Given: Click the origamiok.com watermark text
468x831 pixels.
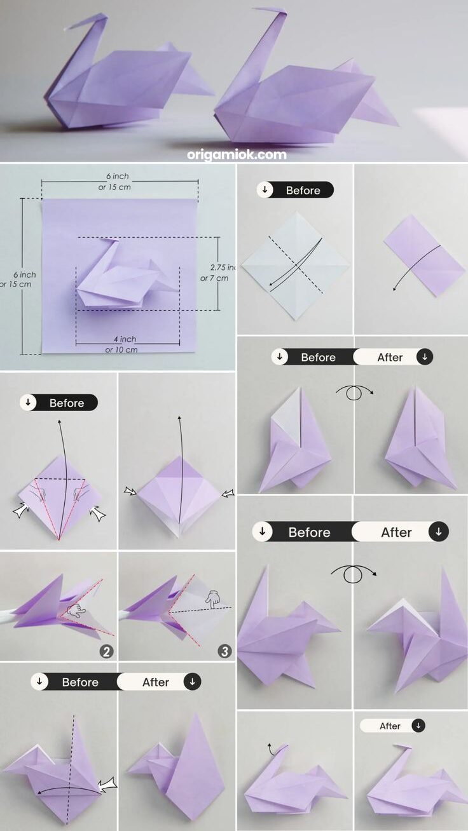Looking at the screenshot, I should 237,154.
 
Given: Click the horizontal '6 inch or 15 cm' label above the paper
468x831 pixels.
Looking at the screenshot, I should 119,181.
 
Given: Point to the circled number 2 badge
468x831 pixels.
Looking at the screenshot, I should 106,651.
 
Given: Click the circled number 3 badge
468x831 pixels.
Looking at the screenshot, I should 224,651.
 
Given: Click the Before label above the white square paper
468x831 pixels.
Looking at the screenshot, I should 303,190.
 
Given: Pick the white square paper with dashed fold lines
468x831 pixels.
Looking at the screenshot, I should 295,265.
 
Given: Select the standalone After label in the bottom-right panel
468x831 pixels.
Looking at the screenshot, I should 390,726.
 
